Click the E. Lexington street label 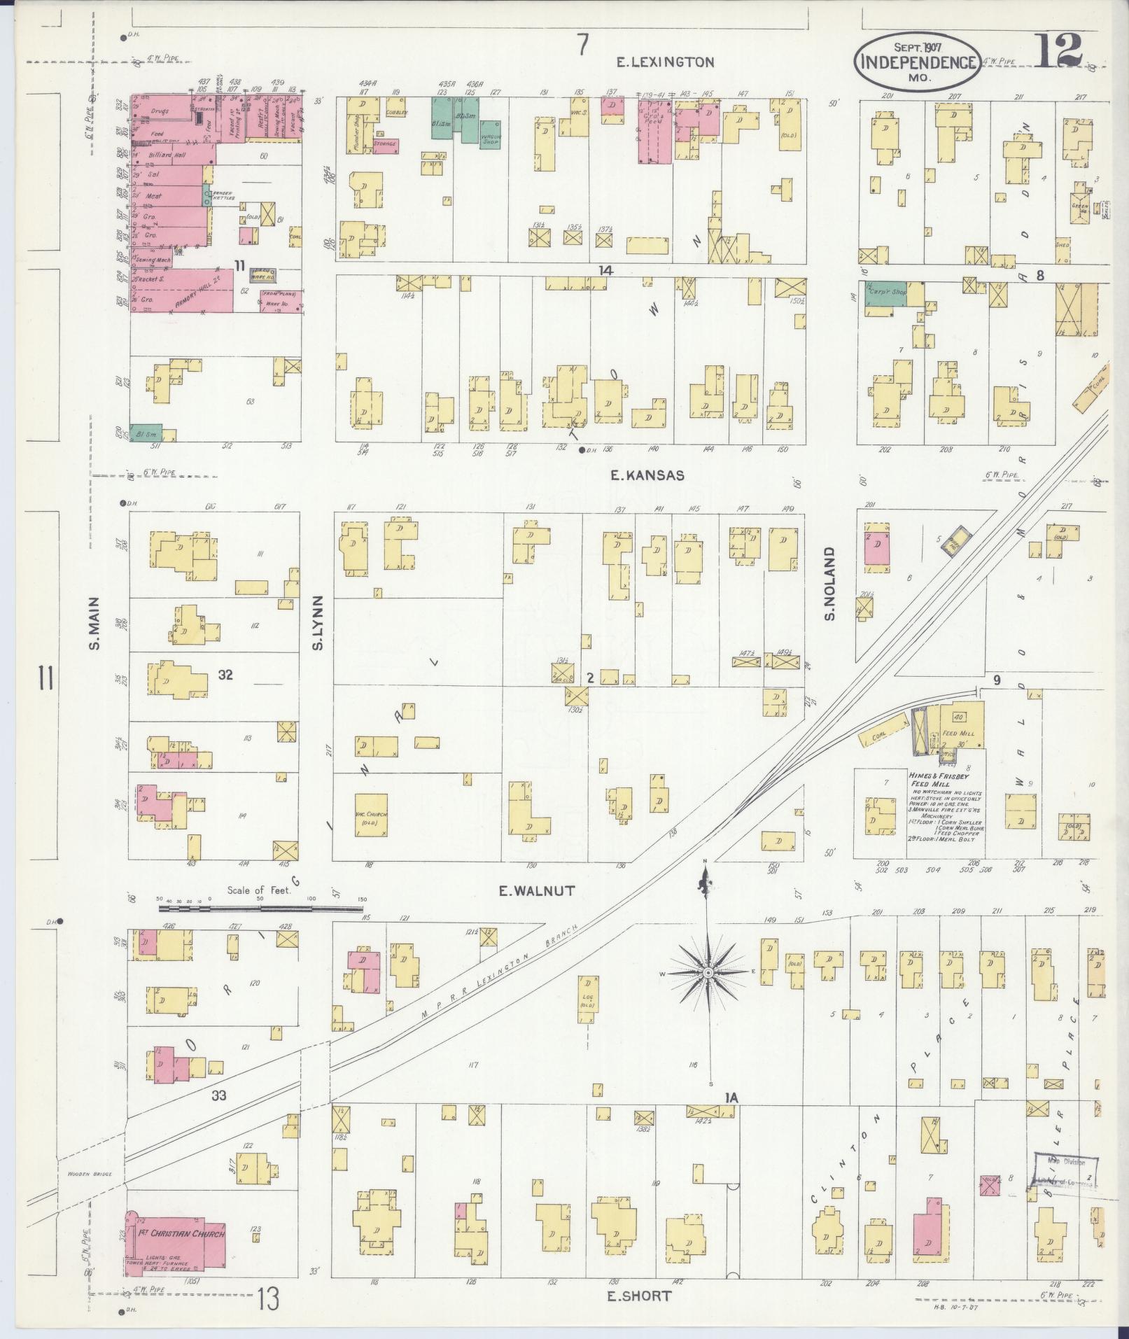pos(664,62)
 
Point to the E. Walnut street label pos(536,891)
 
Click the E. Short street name pos(638,1296)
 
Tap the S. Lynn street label pos(318,622)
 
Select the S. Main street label pos(95,622)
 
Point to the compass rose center pos(708,974)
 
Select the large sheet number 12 pos(1058,48)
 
